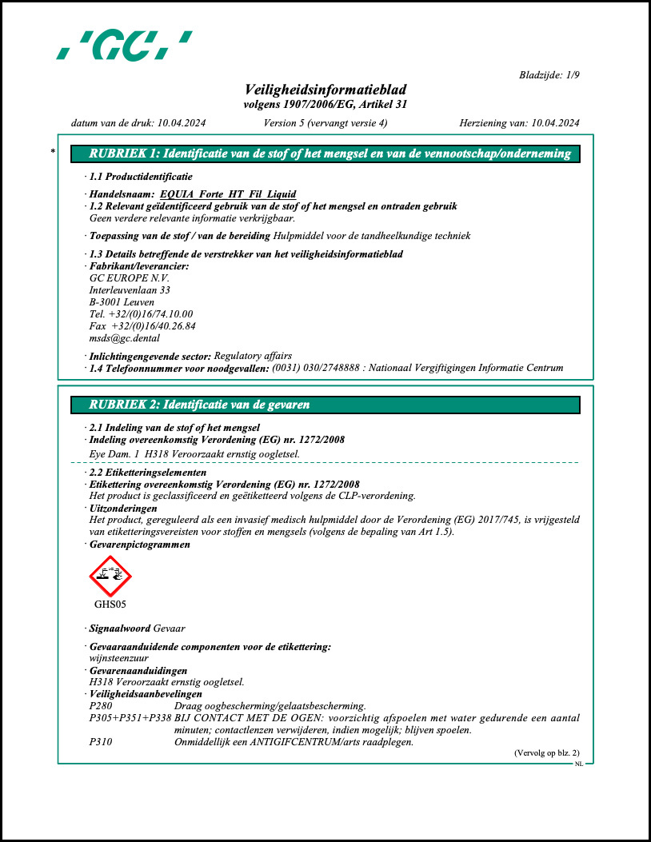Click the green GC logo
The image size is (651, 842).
tap(124, 46)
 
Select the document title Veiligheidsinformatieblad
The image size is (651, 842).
tap(325, 90)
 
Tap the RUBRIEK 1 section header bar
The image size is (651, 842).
tap(325, 154)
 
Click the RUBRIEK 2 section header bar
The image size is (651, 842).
tap(325, 405)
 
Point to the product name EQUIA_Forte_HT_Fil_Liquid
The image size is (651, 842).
tap(228, 194)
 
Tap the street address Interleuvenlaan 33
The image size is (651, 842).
tap(130, 290)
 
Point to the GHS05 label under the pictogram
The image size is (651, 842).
tap(110, 605)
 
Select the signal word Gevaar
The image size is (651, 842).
tap(169, 629)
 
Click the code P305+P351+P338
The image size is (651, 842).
tap(129, 718)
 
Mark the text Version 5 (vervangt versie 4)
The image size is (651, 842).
tap(325, 123)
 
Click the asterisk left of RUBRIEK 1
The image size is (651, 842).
tap(53, 152)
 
